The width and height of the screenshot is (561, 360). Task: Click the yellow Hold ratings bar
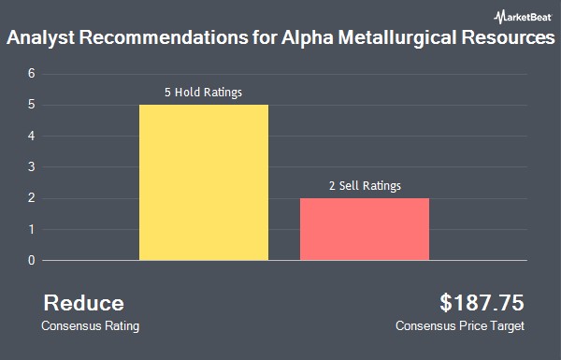click(x=204, y=182)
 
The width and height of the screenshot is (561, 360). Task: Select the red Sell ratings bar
click(x=365, y=229)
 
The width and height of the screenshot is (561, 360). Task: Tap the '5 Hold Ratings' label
click(x=203, y=93)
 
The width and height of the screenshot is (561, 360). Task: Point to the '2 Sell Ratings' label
click(x=365, y=186)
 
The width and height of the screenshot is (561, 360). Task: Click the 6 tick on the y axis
click(x=32, y=74)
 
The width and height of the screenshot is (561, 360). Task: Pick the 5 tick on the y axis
click(x=32, y=105)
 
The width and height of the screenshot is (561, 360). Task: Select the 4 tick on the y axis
click(x=32, y=136)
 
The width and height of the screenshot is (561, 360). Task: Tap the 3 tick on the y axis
click(x=32, y=167)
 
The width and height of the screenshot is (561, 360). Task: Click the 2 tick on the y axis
click(x=32, y=198)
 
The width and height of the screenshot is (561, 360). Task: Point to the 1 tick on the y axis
click(x=32, y=229)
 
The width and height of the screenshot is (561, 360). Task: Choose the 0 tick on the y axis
click(x=32, y=261)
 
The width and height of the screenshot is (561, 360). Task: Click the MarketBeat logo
click(x=523, y=17)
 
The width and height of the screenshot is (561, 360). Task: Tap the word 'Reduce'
click(x=84, y=303)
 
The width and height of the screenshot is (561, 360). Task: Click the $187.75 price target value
click(x=482, y=302)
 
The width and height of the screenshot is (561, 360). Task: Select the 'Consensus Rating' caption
click(x=90, y=326)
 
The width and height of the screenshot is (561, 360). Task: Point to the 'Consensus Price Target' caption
click(x=460, y=326)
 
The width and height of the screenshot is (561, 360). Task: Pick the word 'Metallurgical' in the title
click(x=397, y=37)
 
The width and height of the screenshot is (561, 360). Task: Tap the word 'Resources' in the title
click(x=509, y=37)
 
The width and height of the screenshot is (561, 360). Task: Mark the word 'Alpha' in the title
click(x=308, y=37)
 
